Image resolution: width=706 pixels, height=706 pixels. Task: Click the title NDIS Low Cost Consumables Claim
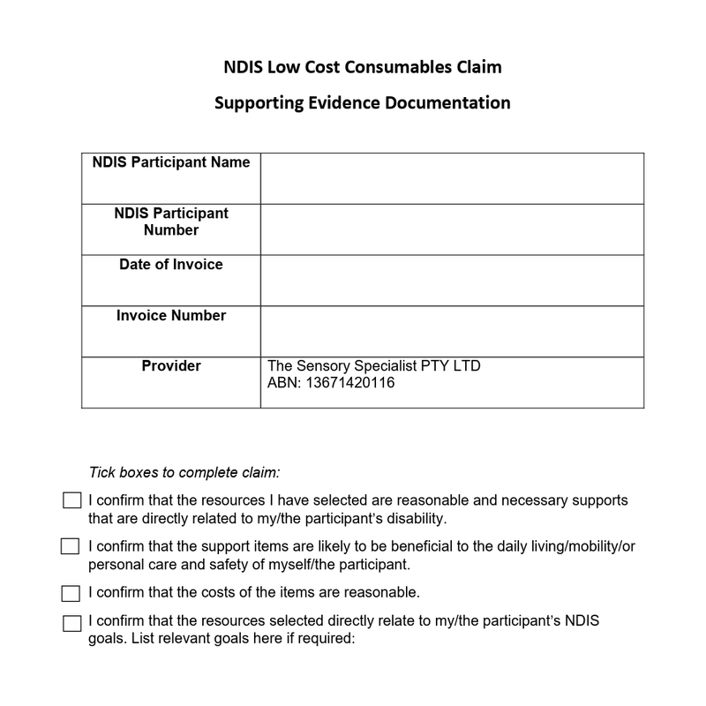click(363, 68)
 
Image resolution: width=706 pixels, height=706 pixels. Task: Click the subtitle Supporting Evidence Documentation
click(363, 102)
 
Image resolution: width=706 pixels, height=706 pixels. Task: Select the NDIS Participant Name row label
click(171, 162)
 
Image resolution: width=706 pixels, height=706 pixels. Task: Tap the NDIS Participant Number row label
click(171, 222)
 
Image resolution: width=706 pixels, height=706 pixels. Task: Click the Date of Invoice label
click(171, 265)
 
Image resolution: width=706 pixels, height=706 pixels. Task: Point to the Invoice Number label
click(171, 316)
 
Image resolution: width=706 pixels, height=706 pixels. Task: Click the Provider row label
click(171, 366)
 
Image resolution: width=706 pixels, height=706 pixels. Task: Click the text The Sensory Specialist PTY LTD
click(373, 366)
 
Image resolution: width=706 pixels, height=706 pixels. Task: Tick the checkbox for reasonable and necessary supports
click(71, 501)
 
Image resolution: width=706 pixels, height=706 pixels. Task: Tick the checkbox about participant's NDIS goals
click(71, 623)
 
